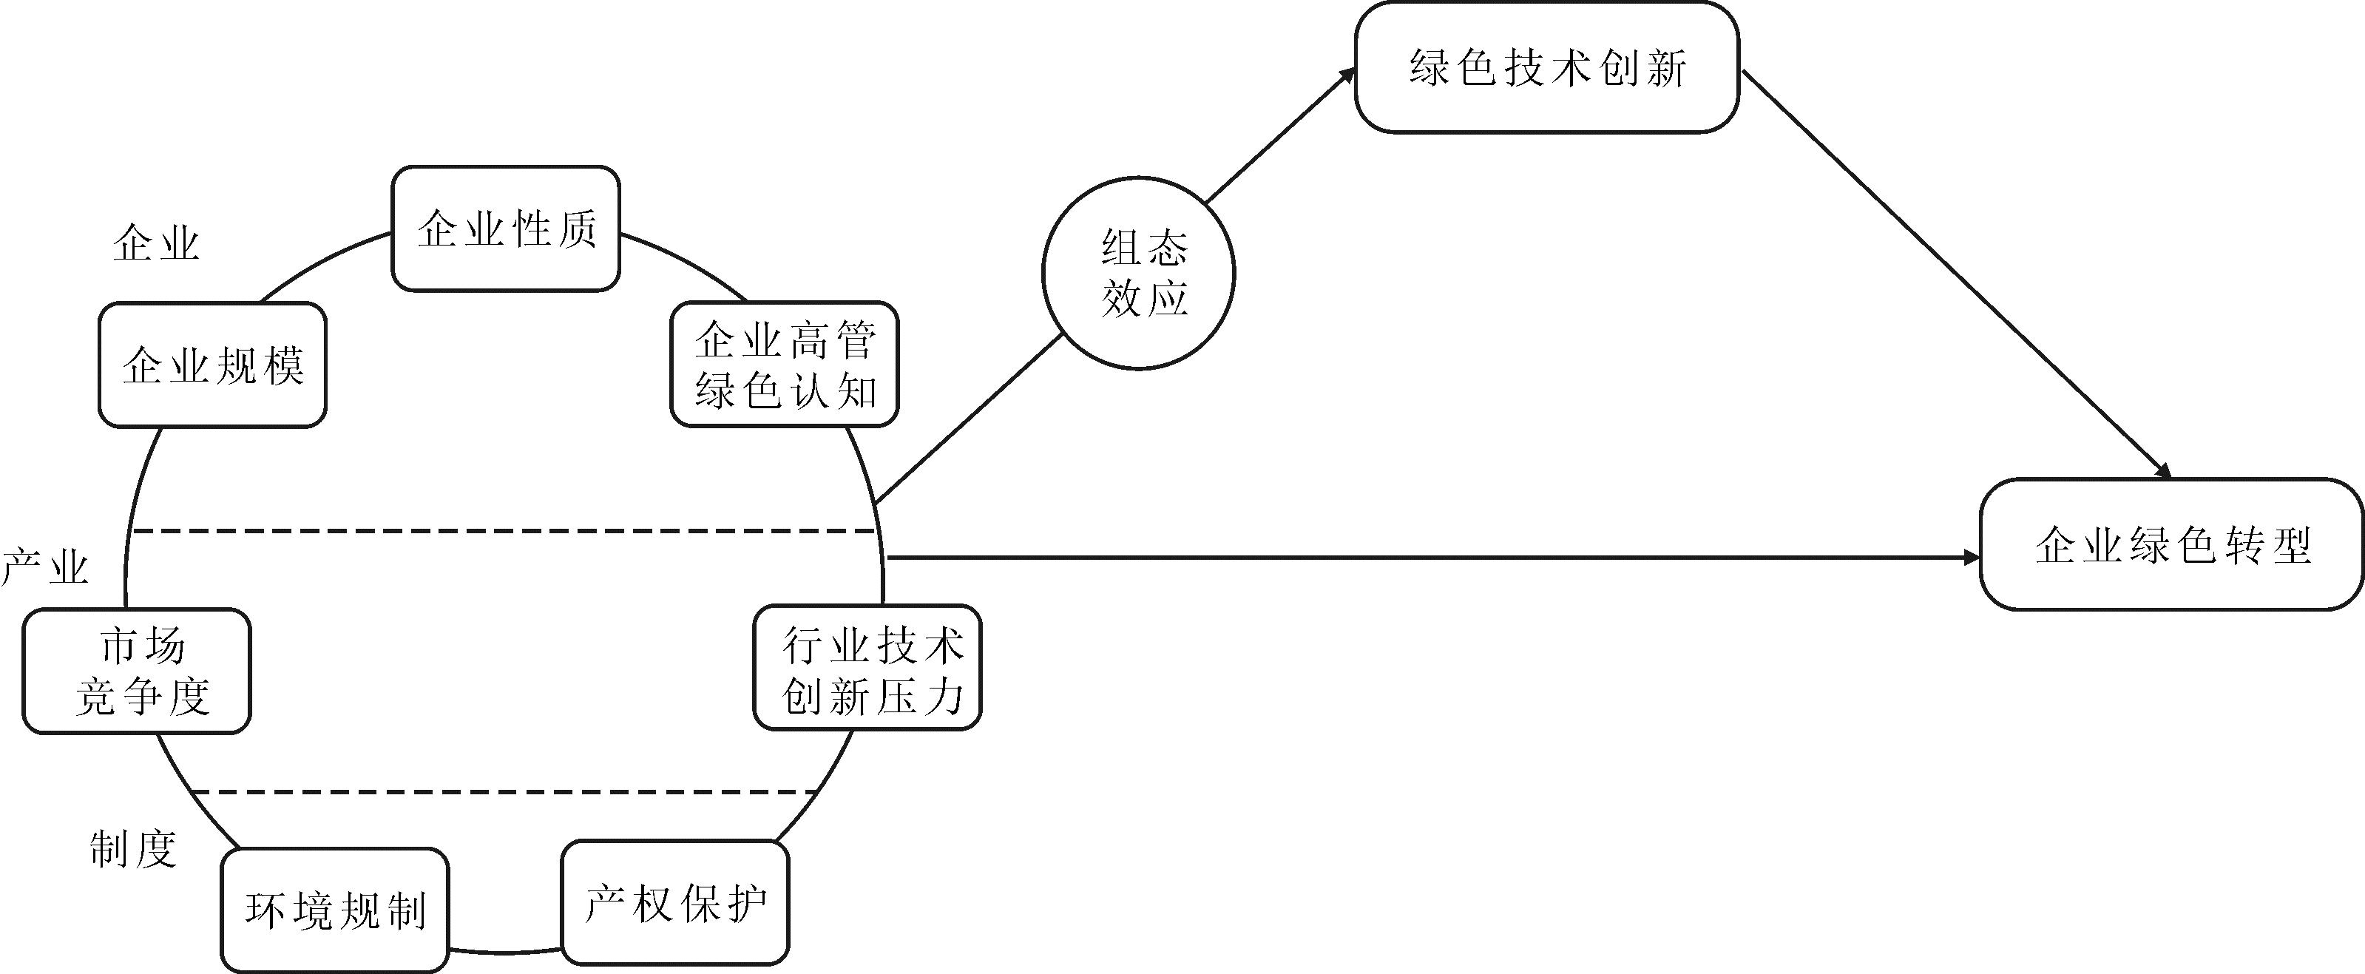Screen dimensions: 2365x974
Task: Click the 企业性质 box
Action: pos(506,229)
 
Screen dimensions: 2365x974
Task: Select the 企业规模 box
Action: pos(212,365)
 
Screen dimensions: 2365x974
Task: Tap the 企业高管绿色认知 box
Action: pos(784,364)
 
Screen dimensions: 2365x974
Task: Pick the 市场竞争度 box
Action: pos(137,671)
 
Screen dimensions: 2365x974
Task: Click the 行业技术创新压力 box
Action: pos(867,667)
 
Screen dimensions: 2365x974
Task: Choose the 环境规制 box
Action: pos(335,910)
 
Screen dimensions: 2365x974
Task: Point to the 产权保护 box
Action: pos(676,902)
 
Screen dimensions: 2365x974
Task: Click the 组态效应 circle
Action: pos(1138,273)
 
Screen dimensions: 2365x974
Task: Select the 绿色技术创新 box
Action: pos(1547,67)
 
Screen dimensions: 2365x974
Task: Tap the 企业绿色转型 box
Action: pos(2172,544)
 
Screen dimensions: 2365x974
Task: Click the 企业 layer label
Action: pos(156,244)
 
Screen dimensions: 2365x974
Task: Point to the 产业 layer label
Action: pos(45,567)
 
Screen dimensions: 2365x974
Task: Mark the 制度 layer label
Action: pos(133,849)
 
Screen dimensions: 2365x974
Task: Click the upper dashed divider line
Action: pos(504,530)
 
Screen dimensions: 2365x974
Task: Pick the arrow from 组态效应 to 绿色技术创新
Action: pos(1281,135)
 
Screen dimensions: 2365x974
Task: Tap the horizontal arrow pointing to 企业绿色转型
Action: pos(1435,557)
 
